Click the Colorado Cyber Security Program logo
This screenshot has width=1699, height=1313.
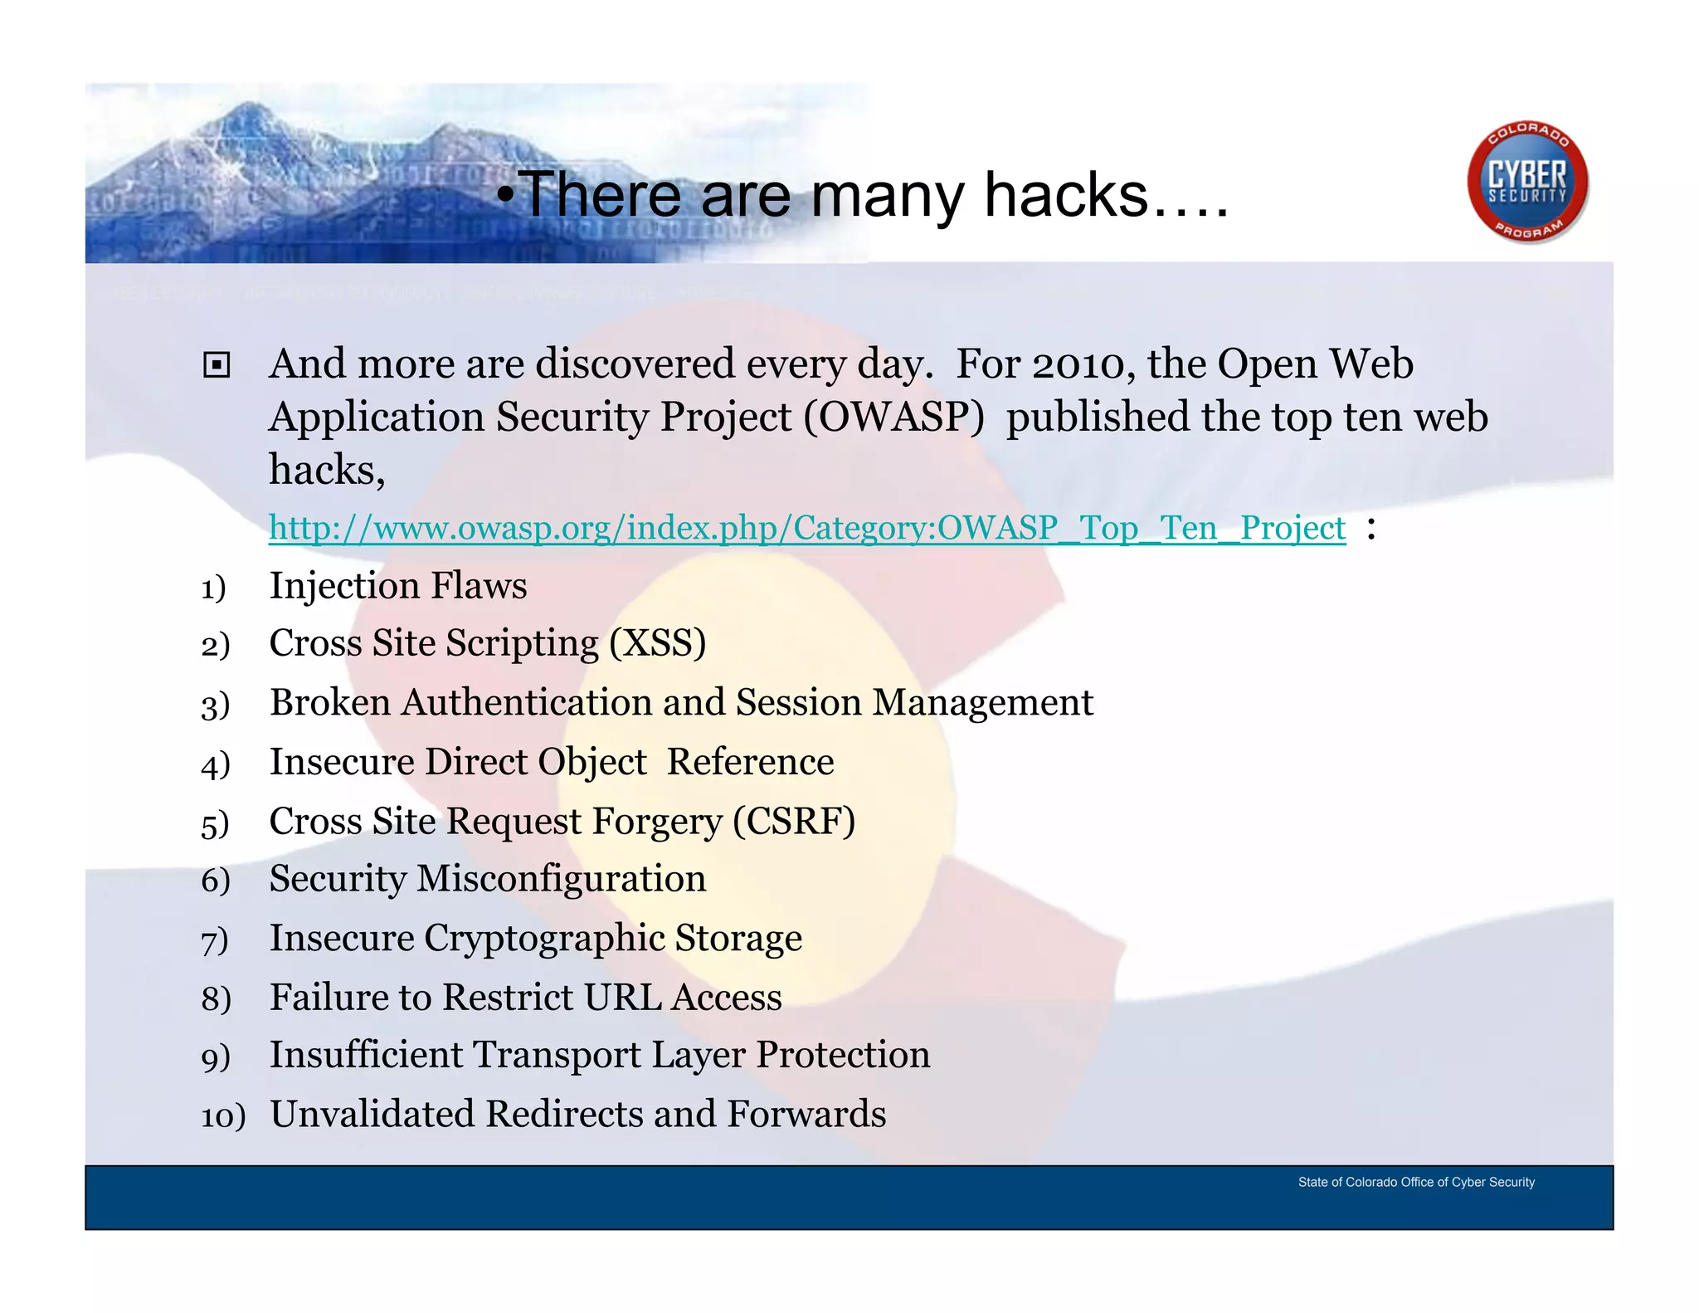[x=1527, y=182]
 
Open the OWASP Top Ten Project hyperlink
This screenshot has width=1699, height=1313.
[x=806, y=529]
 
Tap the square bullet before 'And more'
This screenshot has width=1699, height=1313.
[x=217, y=365]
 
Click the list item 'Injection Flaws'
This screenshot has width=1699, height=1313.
[x=397, y=586]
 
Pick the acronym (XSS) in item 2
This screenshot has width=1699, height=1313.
[x=658, y=643]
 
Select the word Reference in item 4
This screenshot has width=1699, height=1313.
[x=750, y=762]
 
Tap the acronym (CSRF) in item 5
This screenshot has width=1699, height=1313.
[x=793, y=822]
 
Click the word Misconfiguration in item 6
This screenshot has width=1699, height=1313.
[x=561, y=879]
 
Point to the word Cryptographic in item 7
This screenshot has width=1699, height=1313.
[x=544, y=939]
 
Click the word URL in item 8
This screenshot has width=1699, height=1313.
[x=622, y=998]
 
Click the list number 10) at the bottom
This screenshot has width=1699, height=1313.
[x=222, y=1116]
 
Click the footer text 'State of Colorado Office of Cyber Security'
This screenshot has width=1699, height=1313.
[x=1415, y=1182]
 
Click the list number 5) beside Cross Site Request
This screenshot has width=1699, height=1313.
[x=214, y=825]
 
